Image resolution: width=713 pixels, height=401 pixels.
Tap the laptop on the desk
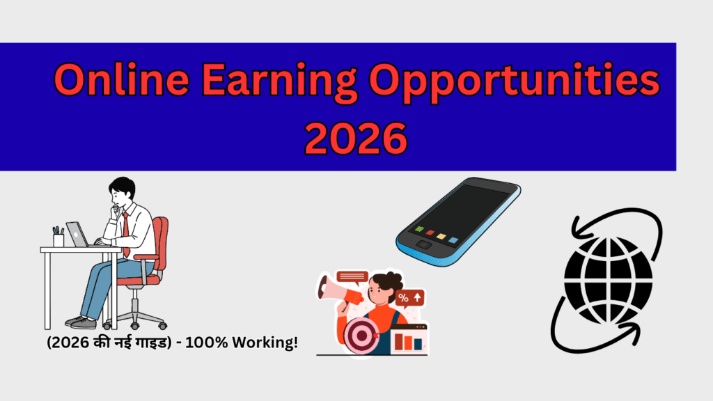click(77, 235)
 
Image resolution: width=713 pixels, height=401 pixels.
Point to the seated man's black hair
click(121, 187)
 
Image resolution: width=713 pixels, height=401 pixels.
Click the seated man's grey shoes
click(81, 322)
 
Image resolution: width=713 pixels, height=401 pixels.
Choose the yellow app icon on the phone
click(441, 236)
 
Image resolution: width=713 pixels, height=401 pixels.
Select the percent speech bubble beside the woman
click(409, 298)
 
